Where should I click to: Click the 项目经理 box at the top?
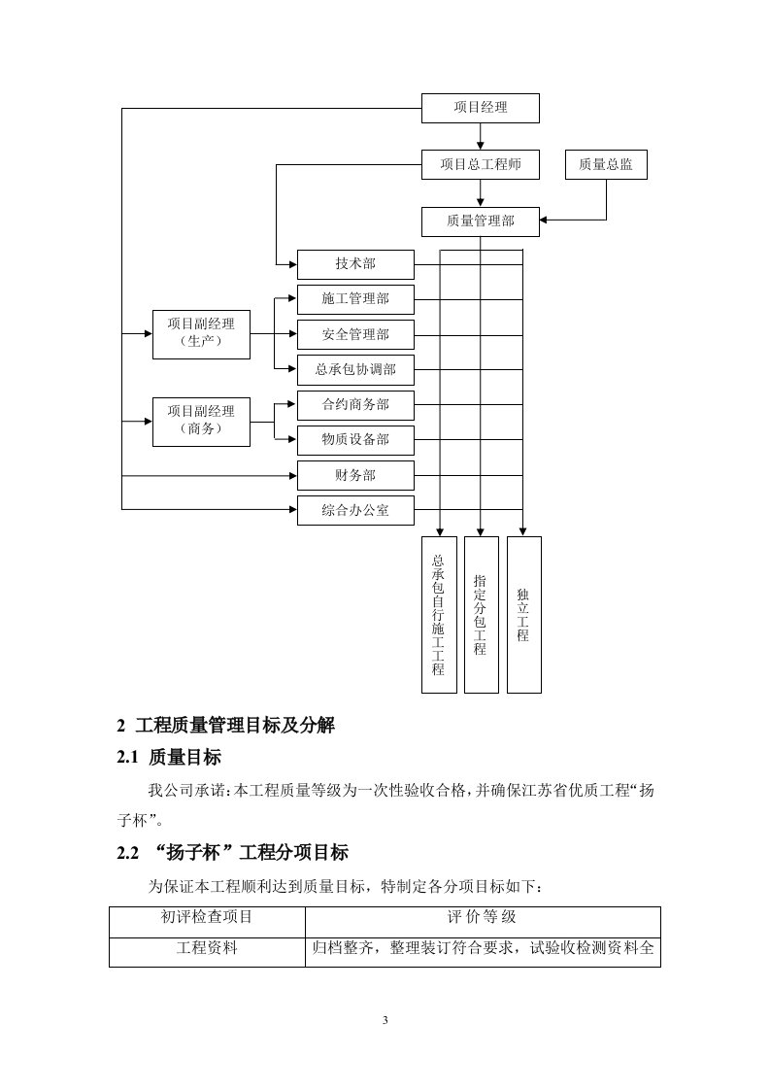(481, 108)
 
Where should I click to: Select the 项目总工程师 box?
(481, 165)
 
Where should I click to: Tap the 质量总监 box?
(606, 165)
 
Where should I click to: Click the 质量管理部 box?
(481, 221)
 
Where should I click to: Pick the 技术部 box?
(355, 264)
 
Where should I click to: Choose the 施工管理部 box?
(355, 299)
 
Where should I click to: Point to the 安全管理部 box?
(355, 334)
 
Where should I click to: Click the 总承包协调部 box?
(355, 369)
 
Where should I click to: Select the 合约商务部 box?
(355, 404)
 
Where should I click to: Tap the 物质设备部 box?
(355, 440)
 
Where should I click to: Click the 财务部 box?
(355, 475)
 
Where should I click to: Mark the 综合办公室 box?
(355, 510)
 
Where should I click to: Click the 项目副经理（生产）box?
(201, 333)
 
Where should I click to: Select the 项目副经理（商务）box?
(201, 421)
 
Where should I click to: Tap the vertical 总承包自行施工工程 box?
(439, 614)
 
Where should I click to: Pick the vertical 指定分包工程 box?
(481, 614)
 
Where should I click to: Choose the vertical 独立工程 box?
(523, 614)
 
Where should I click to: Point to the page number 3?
(385, 1019)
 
